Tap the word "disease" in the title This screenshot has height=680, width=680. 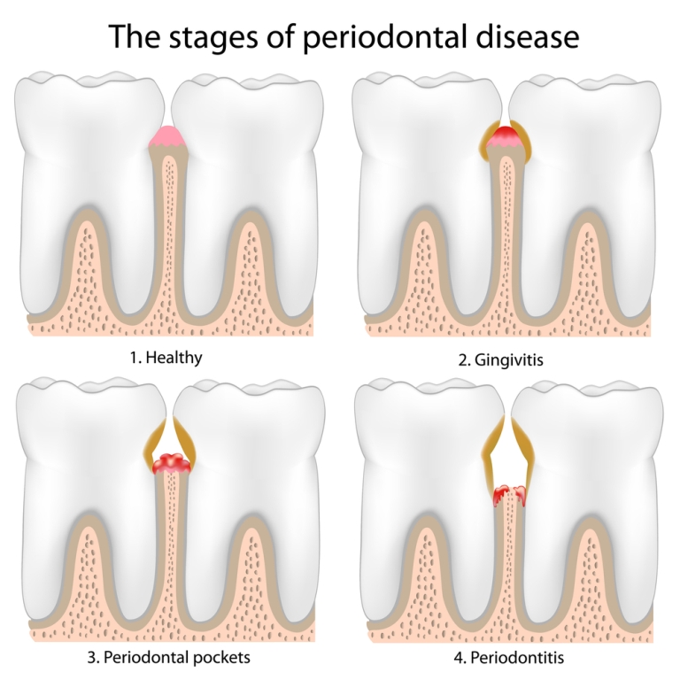tap(528, 35)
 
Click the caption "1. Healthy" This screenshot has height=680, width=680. tap(166, 358)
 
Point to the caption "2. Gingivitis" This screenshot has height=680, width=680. tap(500, 360)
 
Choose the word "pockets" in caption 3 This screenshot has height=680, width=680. tap(221, 658)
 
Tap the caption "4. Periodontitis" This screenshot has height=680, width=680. tap(509, 658)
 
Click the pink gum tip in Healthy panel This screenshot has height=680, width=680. tap(168, 136)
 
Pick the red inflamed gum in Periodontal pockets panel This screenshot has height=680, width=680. tap(172, 463)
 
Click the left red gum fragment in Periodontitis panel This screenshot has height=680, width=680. tap(500, 495)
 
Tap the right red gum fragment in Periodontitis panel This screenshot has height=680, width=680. tap(520, 495)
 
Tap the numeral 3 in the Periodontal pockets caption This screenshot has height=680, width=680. tap(91, 658)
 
